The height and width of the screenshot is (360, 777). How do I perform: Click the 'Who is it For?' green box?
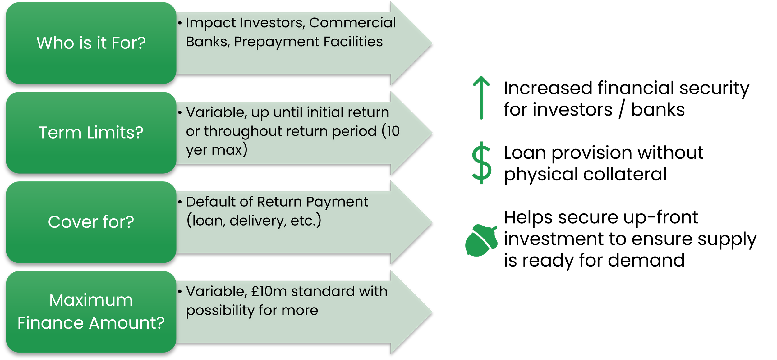[91, 43]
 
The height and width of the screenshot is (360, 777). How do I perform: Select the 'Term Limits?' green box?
[91, 133]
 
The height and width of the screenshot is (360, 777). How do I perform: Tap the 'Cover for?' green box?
[91, 222]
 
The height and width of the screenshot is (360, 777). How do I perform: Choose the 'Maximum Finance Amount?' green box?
[91, 312]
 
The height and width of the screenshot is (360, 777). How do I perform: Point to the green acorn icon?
[480, 241]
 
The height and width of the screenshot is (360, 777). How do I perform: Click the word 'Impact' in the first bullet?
[211, 23]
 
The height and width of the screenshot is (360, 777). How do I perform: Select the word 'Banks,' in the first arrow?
[208, 42]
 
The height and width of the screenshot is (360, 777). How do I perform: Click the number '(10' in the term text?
[390, 131]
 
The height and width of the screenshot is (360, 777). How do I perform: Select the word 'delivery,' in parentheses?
[258, 221]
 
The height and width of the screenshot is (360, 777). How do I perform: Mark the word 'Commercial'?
[352, 23]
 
